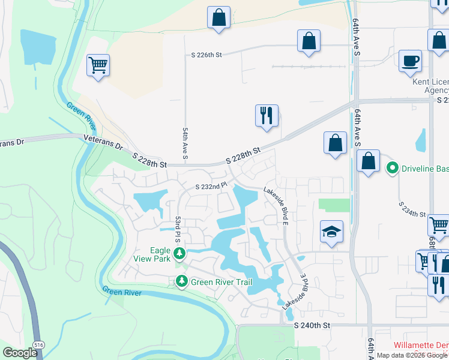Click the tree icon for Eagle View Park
pos(179,254)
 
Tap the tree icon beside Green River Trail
pos(181,281)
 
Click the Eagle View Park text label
pos(152,254)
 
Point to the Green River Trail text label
pos(218,281)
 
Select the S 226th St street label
pos(206,55)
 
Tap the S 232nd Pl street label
pos(209,187)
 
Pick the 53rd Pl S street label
pos(178,230)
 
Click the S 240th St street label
pos(312,325)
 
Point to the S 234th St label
pos(412,209)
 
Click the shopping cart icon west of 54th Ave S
pos(97,65)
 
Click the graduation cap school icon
pos(331,232)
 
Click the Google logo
pos(20,353)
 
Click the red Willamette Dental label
pos(421,346)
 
